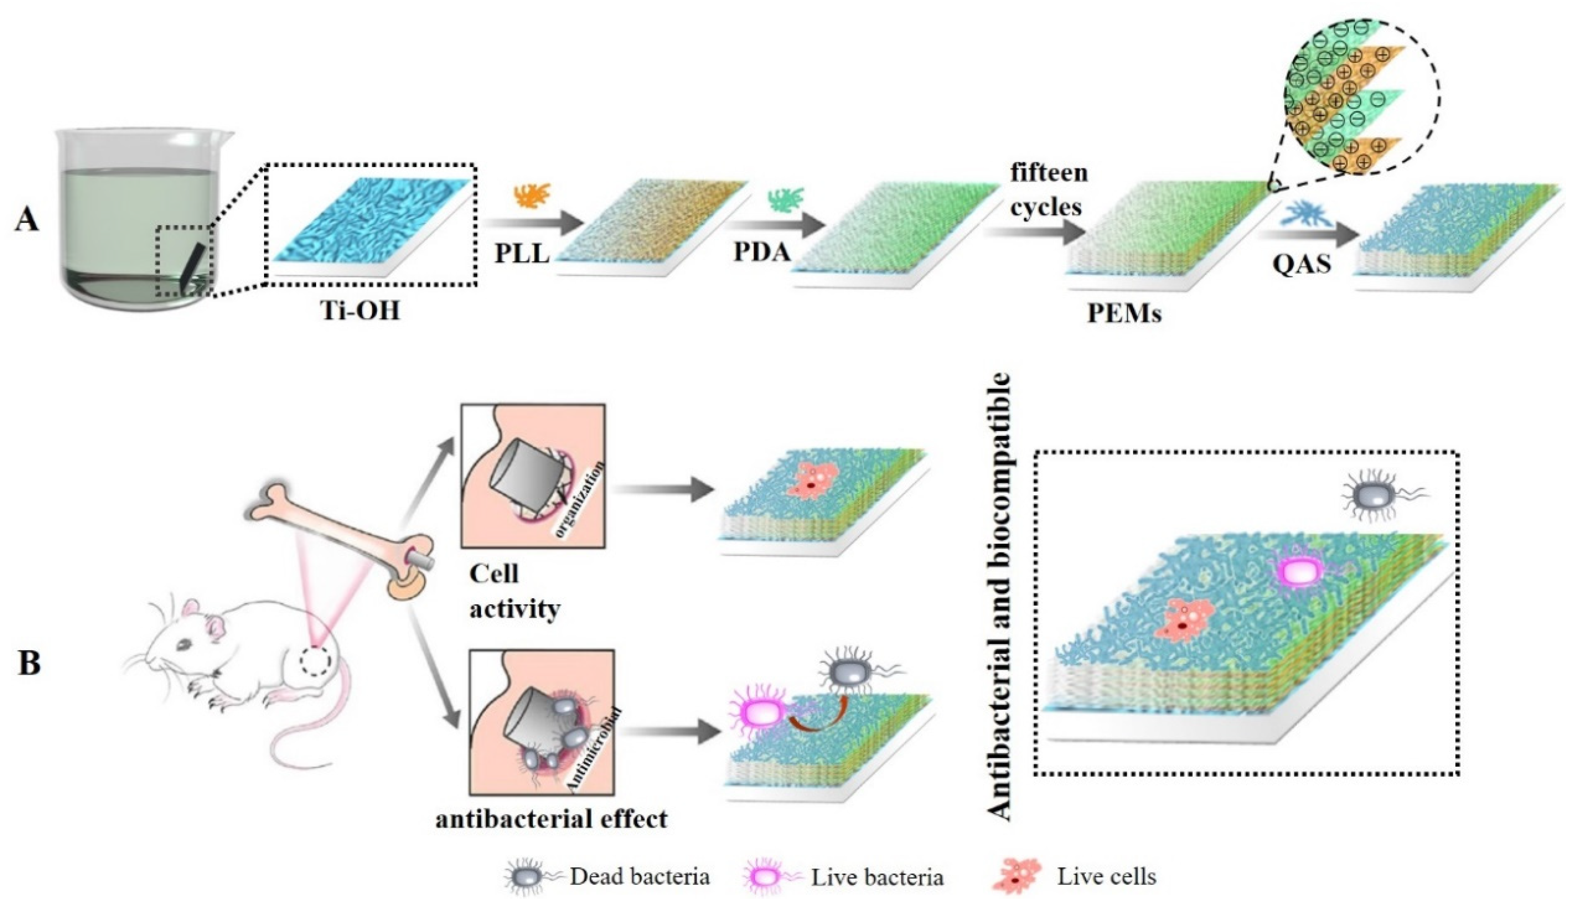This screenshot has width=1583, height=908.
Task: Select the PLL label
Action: pyautogui.click(x=522, y=253)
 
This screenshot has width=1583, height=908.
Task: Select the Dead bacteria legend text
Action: pyautogui.click(x=639, y=877)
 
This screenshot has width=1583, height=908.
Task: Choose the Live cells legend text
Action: pyautogui.click(x=1106, y=877)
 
